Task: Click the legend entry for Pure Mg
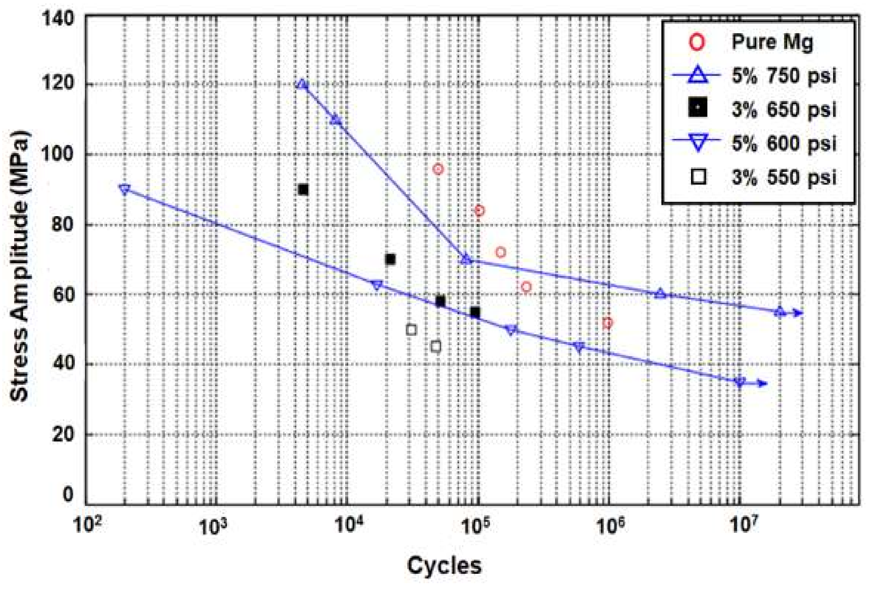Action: click(x=772, y=42)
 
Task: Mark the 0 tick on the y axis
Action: click(x=68, y=494)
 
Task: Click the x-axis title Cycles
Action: click(x=444, y=565)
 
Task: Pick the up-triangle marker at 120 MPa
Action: click(x=302, y=84)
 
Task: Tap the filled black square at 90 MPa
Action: click(x=303, y=190)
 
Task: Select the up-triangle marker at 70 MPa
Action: click(x=466, y=259)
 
